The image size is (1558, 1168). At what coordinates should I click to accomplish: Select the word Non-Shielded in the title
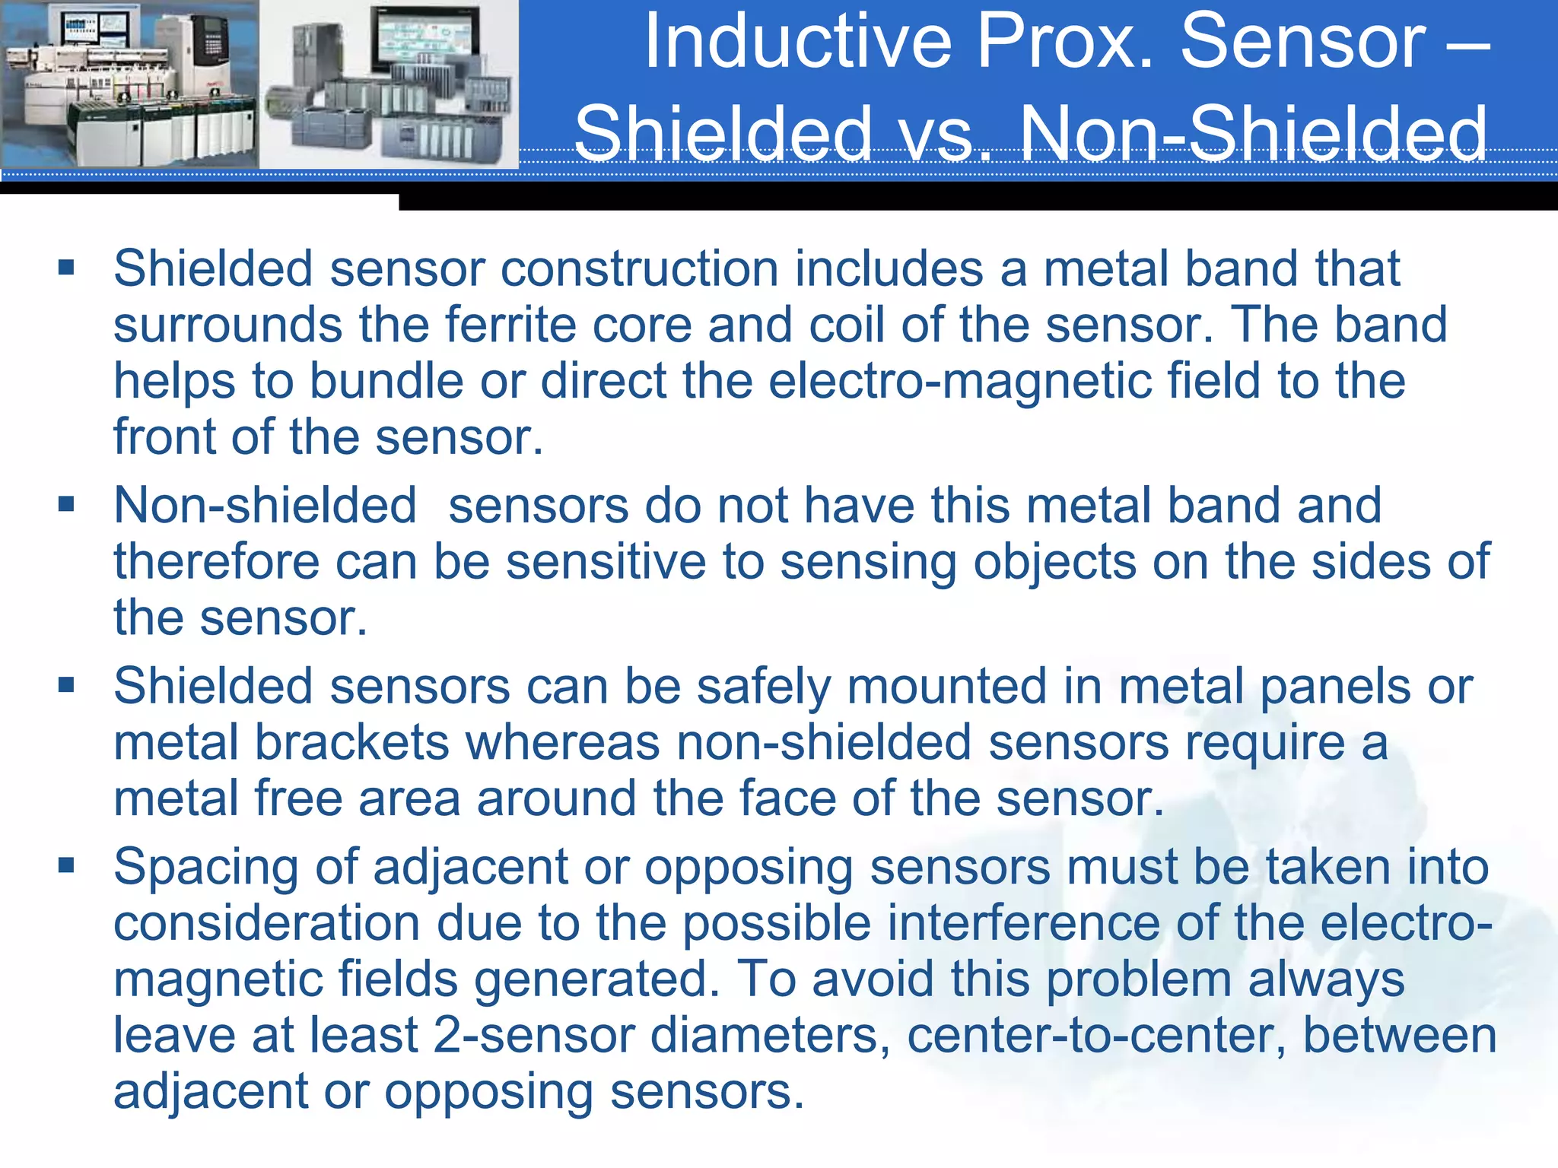click(x=1252, y=134)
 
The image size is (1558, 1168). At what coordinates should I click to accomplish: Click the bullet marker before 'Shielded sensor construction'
click(x=66, y=267)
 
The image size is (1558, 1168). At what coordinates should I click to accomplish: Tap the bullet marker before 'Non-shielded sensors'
click(x=66, y=503)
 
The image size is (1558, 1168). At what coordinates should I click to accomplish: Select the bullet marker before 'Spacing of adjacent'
click(x=66, y=865)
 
